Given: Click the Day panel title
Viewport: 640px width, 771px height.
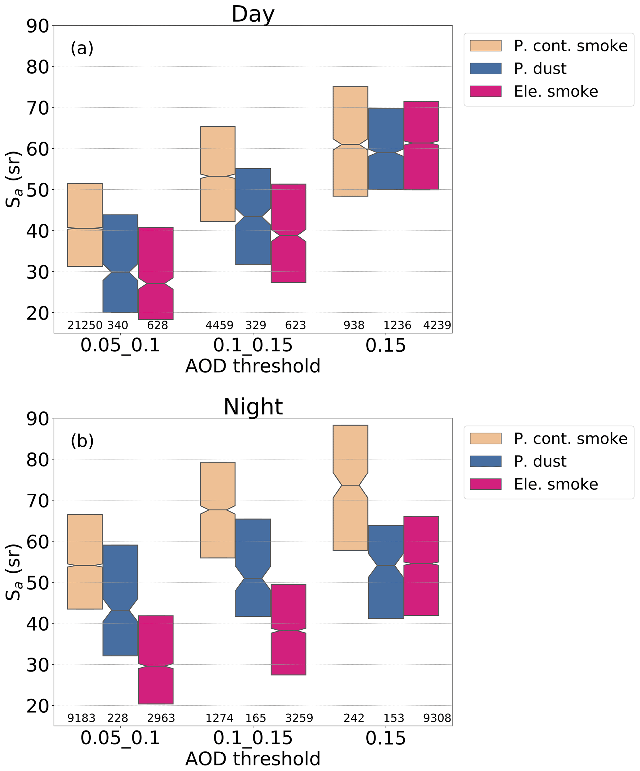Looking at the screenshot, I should pos(253,14).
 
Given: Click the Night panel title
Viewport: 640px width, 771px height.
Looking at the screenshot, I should pos(253,407).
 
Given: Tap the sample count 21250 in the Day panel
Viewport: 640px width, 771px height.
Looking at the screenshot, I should pos(85,325).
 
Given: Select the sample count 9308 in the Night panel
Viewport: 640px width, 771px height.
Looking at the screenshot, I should pos(437,718).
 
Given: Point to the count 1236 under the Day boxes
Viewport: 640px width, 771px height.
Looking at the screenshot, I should pos(397,325).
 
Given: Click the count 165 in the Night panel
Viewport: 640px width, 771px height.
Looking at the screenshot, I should pos(256,718).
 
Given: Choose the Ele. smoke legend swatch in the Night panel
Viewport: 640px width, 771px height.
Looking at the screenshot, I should pos(485,484).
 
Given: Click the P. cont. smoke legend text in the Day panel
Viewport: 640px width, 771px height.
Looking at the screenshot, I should pos(570,46).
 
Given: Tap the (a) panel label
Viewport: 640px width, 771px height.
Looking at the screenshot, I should pos(82,48).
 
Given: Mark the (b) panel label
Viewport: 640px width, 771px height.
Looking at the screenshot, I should pos(82,441).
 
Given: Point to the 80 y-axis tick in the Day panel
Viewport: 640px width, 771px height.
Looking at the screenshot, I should pos(37,67).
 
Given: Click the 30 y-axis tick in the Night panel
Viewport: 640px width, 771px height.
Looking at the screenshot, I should pos(37,664).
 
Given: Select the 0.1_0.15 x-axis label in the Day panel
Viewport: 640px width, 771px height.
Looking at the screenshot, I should pos(253,346).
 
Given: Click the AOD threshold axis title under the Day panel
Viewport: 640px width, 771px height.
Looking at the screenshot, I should pos(253,366).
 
